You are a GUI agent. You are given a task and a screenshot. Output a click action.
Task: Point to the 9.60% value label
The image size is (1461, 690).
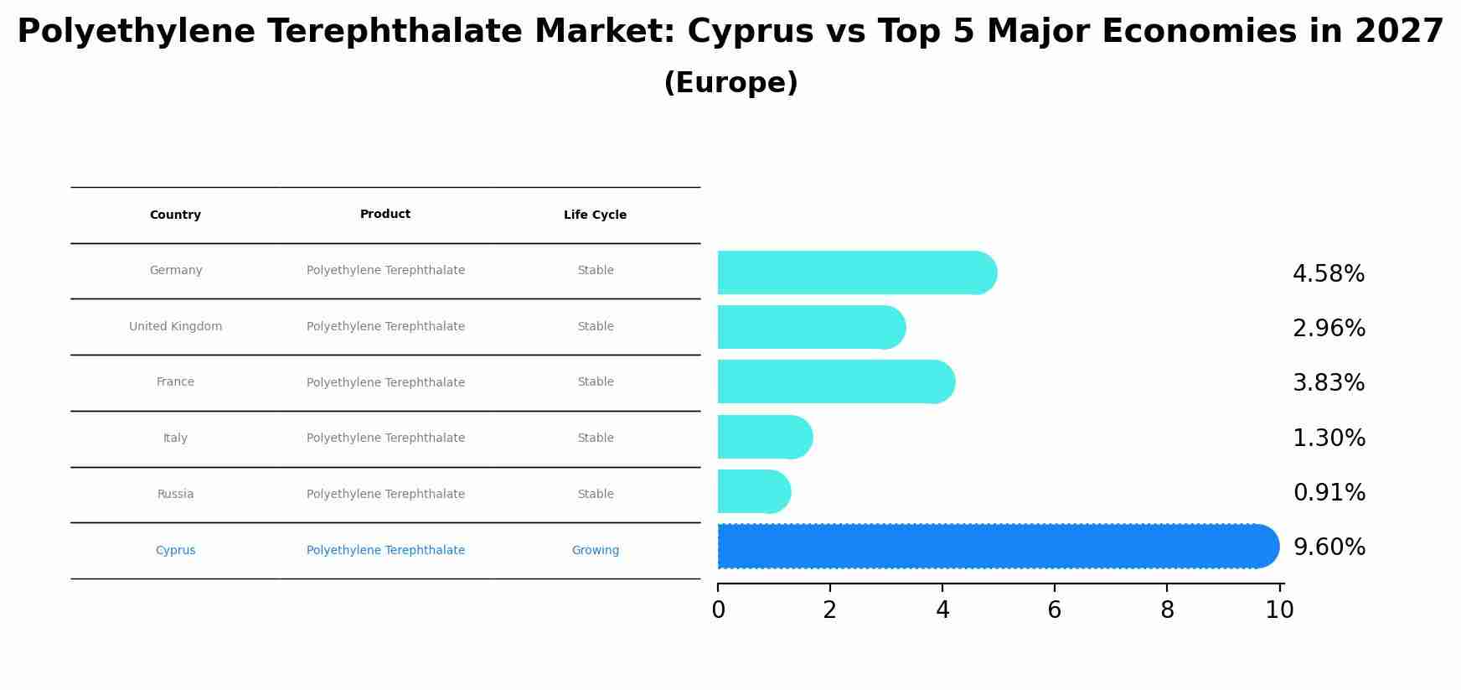click(x=1329, y=547)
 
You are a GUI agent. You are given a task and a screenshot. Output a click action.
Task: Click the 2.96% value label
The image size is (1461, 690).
click(x=1329, y=329)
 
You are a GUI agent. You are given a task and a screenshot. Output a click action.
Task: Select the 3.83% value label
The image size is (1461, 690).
click(x=1329, y=383)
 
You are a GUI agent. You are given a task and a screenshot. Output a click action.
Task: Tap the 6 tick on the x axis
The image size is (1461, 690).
click(x=1054, y=610)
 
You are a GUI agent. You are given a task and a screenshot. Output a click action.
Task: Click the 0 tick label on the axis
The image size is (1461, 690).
click(x=718, y=610)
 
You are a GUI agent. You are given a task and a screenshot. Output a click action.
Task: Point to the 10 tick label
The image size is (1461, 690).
click(x=1279, y=610)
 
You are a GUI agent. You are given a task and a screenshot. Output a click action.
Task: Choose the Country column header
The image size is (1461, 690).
click(x=175, y=215)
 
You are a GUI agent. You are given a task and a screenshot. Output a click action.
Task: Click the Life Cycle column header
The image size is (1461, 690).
click(x=595, y=215)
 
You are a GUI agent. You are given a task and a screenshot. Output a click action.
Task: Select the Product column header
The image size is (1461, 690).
click(x=385, y=215)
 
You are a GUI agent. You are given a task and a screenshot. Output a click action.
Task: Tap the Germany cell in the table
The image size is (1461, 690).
click(x=176, y=271)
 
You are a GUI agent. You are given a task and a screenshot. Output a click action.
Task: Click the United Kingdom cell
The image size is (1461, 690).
click(x=176, y=327)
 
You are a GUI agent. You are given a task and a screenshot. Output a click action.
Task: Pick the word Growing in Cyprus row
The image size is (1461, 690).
click(x=595, y=551)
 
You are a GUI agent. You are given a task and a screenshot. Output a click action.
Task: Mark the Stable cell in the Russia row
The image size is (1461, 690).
click(x=595, y=495)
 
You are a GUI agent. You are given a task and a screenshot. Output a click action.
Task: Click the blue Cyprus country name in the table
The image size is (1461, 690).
click(x=175, y=551)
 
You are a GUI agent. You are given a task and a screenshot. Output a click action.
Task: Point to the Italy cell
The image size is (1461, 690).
click(x=175, y=438)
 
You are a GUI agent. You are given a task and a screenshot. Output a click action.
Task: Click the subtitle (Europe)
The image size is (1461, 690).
click(x=730, y=83)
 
